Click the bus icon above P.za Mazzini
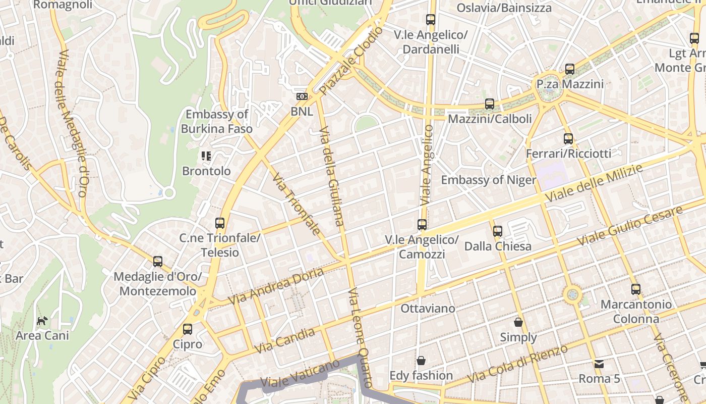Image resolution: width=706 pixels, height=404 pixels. point(570,69)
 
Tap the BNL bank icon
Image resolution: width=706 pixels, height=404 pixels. point(302,96)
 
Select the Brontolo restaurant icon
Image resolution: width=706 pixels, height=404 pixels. point(206,156)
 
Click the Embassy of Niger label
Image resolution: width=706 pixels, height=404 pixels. point(488,180)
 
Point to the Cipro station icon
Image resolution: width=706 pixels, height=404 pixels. point(188,329)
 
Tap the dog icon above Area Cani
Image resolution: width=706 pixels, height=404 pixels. point(42,321)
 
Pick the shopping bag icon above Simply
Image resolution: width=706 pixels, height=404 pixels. point(518,322)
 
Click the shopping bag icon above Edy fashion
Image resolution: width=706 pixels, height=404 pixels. point(421,361)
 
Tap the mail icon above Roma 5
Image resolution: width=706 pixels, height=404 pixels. point(599,364)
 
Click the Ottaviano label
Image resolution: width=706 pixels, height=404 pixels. point(428,308)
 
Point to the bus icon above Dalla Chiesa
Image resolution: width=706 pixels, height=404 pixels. point(498,231)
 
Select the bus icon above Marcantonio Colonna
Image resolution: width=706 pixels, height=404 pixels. point(636,289)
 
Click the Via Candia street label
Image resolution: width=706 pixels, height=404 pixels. point(284,341)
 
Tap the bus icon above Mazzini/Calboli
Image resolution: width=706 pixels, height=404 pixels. point(490,104)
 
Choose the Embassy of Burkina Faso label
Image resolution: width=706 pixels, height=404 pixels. point(217,122)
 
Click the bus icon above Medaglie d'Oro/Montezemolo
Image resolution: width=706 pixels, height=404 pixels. point(158,262)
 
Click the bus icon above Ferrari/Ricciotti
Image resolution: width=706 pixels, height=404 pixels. point(568,138)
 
